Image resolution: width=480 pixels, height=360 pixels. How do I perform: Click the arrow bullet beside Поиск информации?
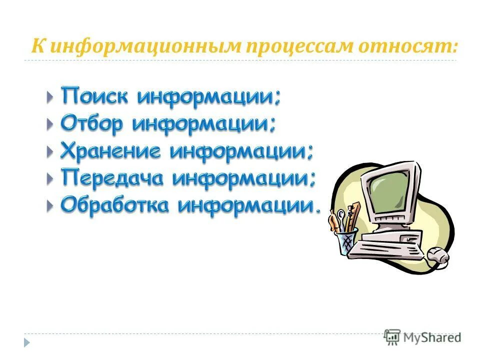pyautogui.click(x=49, y=96)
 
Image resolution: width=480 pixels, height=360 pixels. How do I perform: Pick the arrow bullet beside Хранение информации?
pyautogui.click(x=49, y=151)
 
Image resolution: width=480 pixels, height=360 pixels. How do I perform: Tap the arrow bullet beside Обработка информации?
pyautogui.click(x=49, y=205)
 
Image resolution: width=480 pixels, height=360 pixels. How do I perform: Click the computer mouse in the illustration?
pyautogui.click(x=437, y=255)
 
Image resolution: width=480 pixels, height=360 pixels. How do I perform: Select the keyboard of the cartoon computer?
pyautogui.click(x=385, y=245)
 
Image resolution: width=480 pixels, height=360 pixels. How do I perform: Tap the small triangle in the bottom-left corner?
pyautogui.click(x=26, y=342)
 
